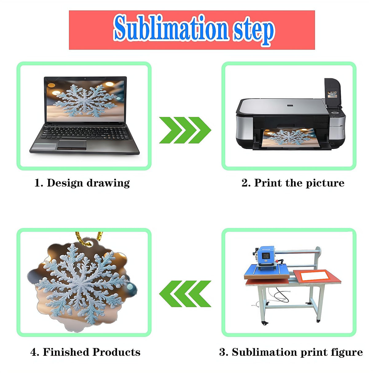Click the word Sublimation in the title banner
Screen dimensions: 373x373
tap(171, 28)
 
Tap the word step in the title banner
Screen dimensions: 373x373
tap(254, 31)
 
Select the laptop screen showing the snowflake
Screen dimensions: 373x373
tap(85, 101)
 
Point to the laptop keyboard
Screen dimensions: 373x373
tap(85, 133)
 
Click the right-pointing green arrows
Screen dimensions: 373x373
tap(185, 130)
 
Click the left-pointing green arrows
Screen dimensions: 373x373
tap(185, 294)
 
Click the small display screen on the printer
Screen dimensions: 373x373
tap(332, 94)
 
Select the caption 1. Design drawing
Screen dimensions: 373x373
tap(82, 183)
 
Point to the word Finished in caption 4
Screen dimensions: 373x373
tap(66, 352)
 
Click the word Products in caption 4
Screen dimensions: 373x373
tap(116, 352)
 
